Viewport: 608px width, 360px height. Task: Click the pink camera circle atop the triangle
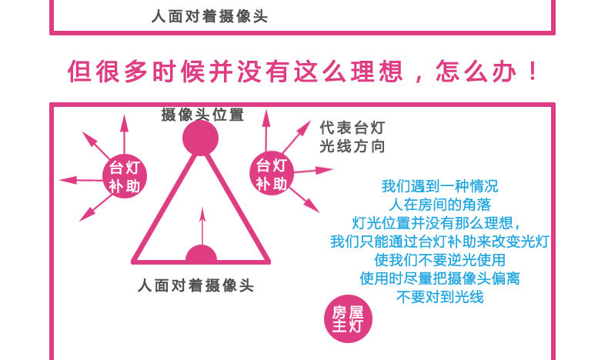click(201, 138)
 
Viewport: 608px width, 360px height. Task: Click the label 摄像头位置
click(202, 115)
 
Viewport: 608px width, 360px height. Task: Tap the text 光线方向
click(352, 146)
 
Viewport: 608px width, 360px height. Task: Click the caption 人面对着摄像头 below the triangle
click(195, 285)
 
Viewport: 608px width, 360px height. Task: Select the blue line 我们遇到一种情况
click(439, 187)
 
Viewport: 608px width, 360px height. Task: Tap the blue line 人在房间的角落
click(439, 205)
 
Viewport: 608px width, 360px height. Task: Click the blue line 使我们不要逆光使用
click(439, 260)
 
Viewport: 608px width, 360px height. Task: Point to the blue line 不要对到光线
click(439, 297)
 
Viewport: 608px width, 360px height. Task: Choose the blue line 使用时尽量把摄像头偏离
click(439, 278)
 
